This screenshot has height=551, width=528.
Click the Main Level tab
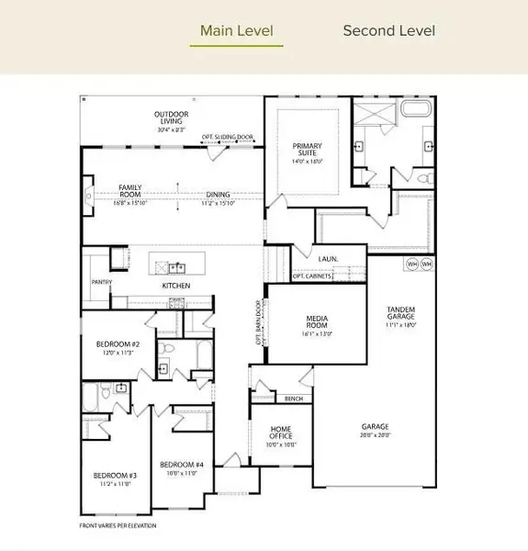click(236, 30)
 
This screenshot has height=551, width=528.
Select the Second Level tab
click(388, 30)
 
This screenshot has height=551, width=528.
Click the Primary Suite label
click(308, 150)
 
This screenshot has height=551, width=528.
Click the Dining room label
click(218, 195)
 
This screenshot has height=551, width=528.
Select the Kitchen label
click(175, 287)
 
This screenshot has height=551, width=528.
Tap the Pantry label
click(101, 283)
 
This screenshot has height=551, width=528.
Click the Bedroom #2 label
click(116, 347)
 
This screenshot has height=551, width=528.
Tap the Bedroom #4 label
click(178, 467)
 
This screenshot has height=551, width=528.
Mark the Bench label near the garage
click(294, 399)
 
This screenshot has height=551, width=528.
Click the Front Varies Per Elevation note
click(118, 526)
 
